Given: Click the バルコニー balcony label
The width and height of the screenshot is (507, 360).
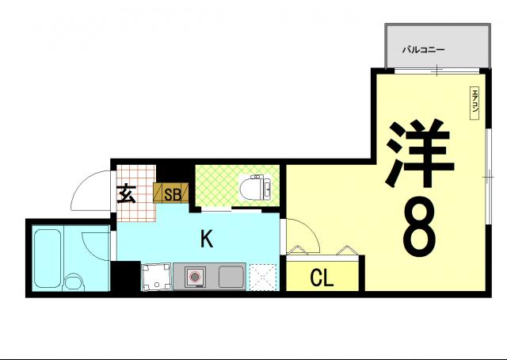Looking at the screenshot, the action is pyautogui.click(x=423, y=50).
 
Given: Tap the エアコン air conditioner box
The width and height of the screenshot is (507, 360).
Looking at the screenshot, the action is pyautogui.click(x=474, y=103).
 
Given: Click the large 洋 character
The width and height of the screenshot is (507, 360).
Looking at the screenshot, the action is pyautogui.click(x=419, y=153).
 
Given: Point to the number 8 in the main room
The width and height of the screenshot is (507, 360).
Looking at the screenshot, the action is pyautogui.click(x=419, y=227).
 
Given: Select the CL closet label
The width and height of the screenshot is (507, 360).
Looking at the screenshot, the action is pyautogui.click(x=322, y=278).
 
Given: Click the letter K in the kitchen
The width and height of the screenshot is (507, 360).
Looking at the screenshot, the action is pyautogui.click(x=207, y=239).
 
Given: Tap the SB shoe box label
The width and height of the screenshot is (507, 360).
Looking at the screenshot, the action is pyautogui.click(x=172, y=195).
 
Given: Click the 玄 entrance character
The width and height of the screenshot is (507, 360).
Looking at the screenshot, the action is pyautogui.click(x=126, y=193).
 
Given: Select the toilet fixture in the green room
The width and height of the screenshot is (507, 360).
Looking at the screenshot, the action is pyautogui.click(x=255, y=188).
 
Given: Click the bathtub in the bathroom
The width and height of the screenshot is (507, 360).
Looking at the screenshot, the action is pyautogui.click(x=48, y=259).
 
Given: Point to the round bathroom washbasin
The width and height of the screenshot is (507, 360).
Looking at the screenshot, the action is pyautogui.click(x=74, y=282).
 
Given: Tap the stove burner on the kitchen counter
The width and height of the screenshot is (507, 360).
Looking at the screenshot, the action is pyautogui.click(x=195, y=277).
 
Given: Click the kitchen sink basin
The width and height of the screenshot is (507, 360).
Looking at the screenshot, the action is pyautogui.click(x=231, y=277).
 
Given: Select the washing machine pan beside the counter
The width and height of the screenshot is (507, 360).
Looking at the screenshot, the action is pyautogui.click(x=156, y=277).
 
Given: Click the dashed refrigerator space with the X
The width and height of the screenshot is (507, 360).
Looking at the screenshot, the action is pyautogui.click(x=263, y=278).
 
